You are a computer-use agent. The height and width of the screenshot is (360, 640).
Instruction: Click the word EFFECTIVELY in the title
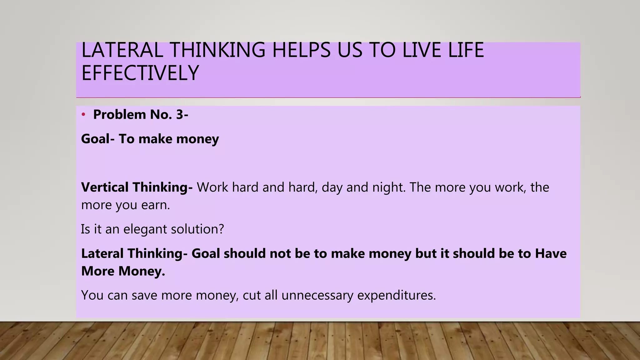point(140,73)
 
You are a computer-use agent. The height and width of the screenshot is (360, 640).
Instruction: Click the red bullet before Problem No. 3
point(83,115)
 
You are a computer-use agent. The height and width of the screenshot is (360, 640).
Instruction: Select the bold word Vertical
point(105,187)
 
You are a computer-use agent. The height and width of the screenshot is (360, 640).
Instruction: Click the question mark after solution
point(221,229)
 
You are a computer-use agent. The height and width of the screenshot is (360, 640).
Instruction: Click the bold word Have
point(551,253)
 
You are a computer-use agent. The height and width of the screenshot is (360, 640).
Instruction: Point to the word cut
point(252,295)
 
